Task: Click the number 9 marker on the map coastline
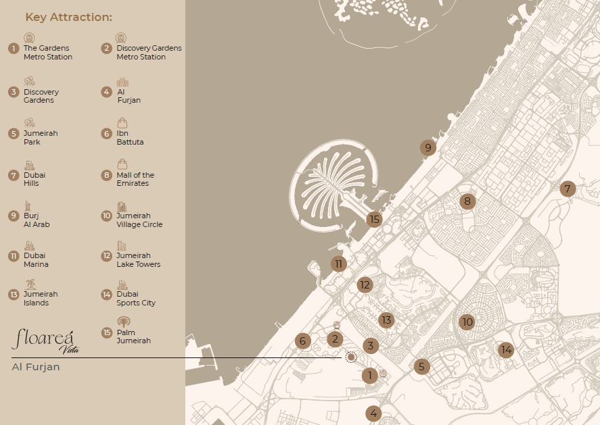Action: (427, 148)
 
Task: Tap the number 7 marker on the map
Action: (568, 189)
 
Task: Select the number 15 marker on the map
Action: (374, 219)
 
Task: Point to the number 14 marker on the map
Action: (505, 349)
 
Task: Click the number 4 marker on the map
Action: (373, 414)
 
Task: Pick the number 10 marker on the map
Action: (467, 322)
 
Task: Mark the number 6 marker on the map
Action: (303, 341)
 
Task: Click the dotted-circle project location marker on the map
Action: (350, 357)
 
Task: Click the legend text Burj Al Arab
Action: (37, 220)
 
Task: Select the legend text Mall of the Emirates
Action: (135, 179)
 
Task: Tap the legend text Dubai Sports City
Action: (136, 299)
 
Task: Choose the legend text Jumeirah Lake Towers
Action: (139, 260)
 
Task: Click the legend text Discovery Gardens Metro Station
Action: (149, 53)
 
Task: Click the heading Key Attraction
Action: (69, 17)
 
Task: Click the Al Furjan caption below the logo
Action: (36, 367)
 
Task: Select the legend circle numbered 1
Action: (13, 49)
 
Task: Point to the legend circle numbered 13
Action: (13, 295)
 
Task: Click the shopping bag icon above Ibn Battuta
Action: (122, 122)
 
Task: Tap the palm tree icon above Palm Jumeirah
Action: (123, 322)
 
